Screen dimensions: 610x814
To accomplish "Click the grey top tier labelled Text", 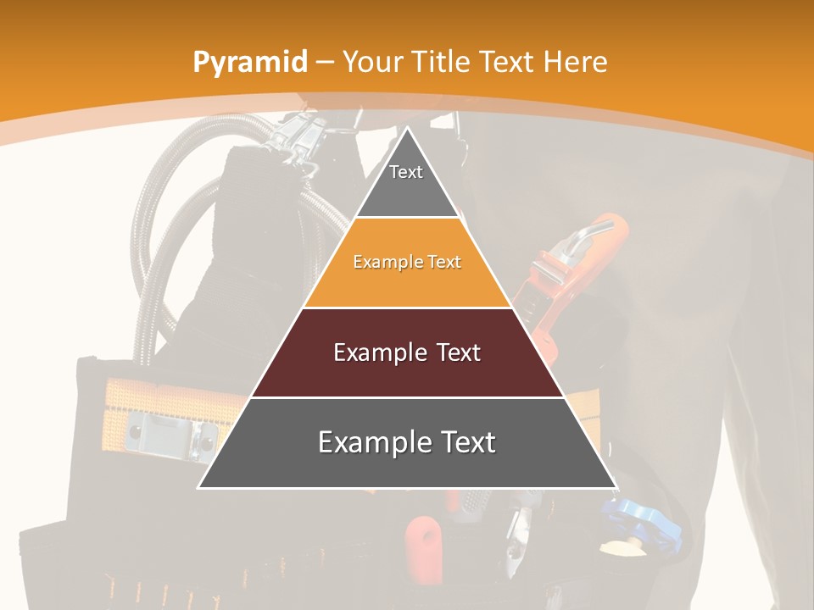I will (406, 182).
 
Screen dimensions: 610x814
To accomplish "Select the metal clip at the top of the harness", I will (297, 136).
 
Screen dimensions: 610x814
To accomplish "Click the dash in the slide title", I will (323, 62).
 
